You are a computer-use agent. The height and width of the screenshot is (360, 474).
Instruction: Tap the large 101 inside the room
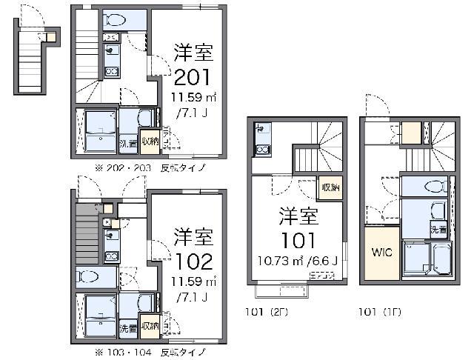tap(298, 240)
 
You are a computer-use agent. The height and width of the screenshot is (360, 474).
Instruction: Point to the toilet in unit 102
tap(89, 278)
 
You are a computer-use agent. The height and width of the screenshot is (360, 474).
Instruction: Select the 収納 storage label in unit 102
tap(150, 326)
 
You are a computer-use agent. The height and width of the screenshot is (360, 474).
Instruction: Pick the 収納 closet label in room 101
tap(330, 187)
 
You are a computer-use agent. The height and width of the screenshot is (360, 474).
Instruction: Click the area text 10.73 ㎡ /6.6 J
tap(298, 261)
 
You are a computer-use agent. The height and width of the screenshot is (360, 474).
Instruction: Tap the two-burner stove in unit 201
tap(112, 71)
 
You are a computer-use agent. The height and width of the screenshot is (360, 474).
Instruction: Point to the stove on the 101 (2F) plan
tap(262, 149)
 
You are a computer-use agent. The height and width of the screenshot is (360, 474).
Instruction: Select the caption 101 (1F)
tap(379, 311)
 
